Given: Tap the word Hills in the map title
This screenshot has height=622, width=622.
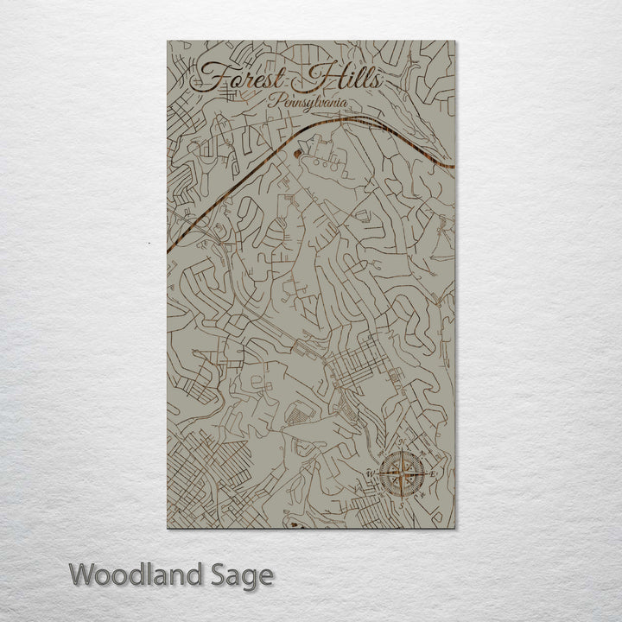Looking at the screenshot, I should point(339,79).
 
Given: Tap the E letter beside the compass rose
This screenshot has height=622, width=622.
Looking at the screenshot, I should point(434,473).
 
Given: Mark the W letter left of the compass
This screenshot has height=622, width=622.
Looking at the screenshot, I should point(370,473).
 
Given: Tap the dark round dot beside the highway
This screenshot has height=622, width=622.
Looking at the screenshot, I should point(298,156).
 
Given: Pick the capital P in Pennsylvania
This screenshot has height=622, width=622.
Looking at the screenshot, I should point(273,100).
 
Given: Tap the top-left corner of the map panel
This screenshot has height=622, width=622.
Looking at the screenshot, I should point(168,41).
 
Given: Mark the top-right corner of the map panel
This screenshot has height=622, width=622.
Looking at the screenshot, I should point(454,41).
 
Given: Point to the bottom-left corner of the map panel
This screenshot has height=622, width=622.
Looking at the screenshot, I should point(168,527).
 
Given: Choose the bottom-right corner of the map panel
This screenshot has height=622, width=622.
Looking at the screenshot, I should point(454,527).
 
